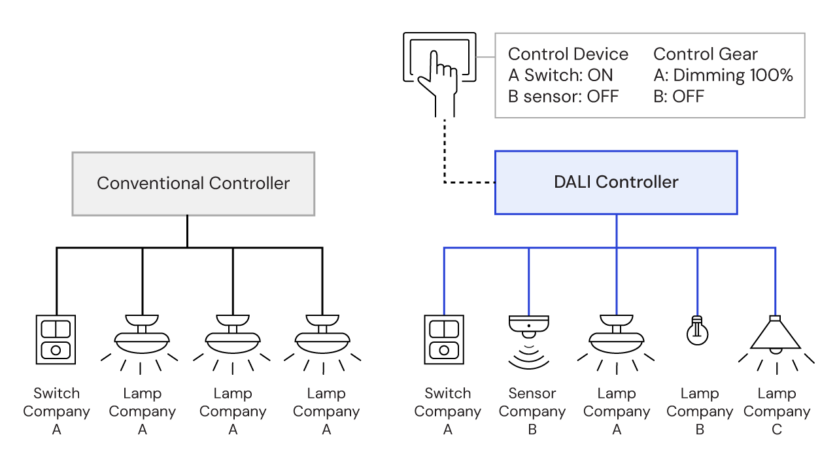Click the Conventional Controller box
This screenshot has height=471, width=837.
click(193, 184)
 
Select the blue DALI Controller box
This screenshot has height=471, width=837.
click(615, 183)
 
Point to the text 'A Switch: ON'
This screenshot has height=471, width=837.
click(560, 75)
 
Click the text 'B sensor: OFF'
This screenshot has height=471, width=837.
click(563, 96)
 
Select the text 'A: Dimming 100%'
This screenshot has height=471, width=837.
click(723, 75)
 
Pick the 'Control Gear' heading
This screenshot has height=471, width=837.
click(706, 54)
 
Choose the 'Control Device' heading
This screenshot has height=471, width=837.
click(568, 54)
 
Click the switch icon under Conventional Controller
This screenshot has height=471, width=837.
click(56, 340)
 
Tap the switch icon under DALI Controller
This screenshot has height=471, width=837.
click(444, 340)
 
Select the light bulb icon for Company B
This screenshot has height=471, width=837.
click(697, 330)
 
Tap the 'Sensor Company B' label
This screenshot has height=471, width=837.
click(532, 411)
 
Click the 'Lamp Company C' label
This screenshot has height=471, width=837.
click(777, 411)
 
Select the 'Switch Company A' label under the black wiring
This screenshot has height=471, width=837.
click(56, 411)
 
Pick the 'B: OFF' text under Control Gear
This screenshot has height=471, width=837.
click(679, 96)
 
